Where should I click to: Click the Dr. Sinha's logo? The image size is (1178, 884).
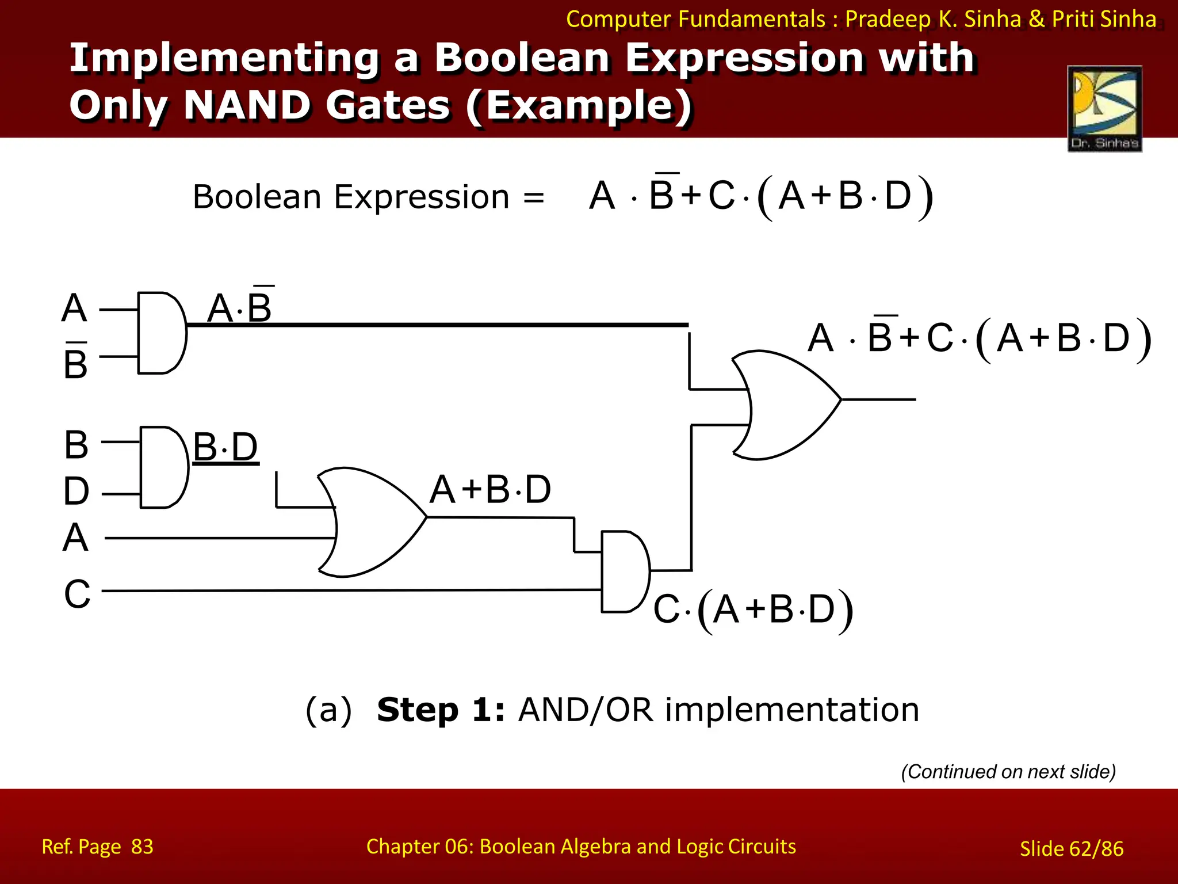1104,109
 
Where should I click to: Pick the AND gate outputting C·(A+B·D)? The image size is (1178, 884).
625,571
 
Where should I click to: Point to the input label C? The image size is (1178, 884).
77,594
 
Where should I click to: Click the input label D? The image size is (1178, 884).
77,491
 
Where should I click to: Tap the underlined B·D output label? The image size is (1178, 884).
225,447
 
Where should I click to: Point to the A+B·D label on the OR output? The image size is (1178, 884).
491,490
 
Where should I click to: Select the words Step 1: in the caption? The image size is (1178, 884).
441,710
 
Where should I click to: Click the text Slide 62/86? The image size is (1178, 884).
1071,848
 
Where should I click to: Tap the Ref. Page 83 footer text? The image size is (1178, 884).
97,847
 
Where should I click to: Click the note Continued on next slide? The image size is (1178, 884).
1008,771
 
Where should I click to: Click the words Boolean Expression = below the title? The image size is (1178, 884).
368,197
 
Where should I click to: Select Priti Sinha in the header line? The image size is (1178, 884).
1104,19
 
